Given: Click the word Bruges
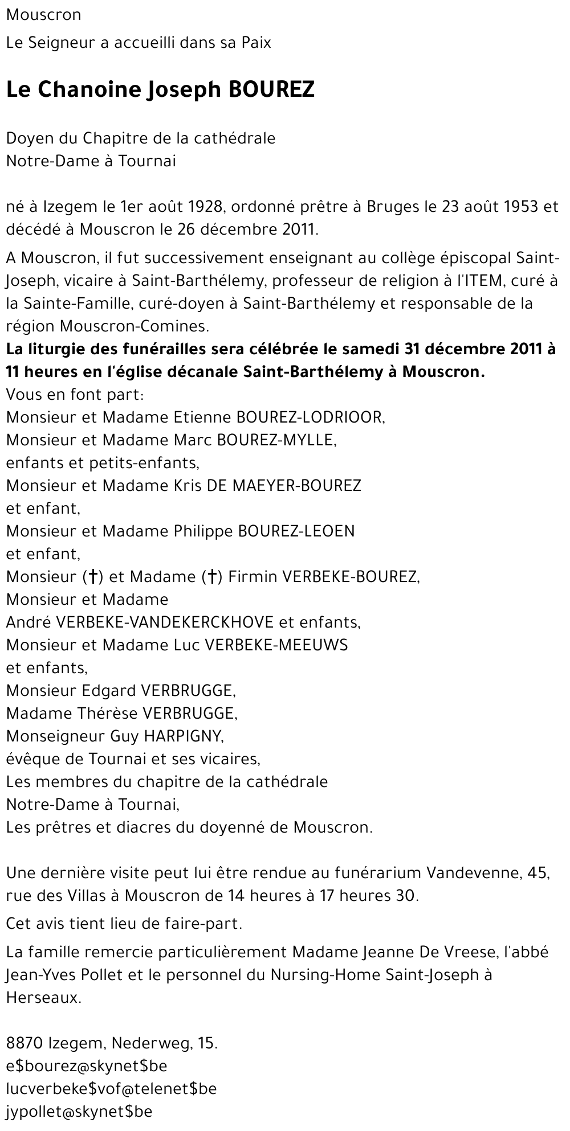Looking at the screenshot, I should tap(390, 207).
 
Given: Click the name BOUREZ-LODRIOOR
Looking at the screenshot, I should tap(310, 417).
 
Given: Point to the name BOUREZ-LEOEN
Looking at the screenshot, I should tap(296, 531).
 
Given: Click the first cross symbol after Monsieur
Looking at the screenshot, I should tap(91, 577).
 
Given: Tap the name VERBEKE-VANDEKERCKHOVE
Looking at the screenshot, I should tap(164, 622).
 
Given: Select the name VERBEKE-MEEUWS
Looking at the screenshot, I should tap(276, 645).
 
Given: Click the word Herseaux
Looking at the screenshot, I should tap(43, 998).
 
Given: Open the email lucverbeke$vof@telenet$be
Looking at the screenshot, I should tap(111, 1089).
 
